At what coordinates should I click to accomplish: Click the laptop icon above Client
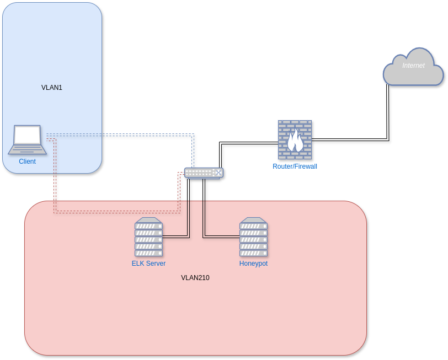click(x=28, y=139)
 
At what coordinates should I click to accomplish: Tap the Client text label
click(x=27, y=162)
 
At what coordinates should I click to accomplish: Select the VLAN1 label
click(x=52, y=88)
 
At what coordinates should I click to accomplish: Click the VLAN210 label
click(x=195, y=278)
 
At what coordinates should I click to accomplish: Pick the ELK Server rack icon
click(x=148, y=237)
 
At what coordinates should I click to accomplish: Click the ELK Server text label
click(x=148, y=264)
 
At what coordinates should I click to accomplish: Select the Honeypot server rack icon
click(x=253, y=237)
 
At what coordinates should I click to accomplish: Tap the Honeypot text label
click(x=253, y=264)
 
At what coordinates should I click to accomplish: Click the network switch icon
click(x=204, y=173)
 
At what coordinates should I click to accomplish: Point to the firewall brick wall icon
click(x=295, y=139)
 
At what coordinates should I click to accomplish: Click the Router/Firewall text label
click(x=295, y=166)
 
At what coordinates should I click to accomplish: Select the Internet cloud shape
click(x=413, y=67)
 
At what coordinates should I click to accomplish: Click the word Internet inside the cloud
click(x=413, y=66)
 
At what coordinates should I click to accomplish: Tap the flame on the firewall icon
click(x=295, y=140)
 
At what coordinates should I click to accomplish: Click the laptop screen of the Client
click(x=28, y=135)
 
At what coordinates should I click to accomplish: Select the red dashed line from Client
click(x=117, y=212)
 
